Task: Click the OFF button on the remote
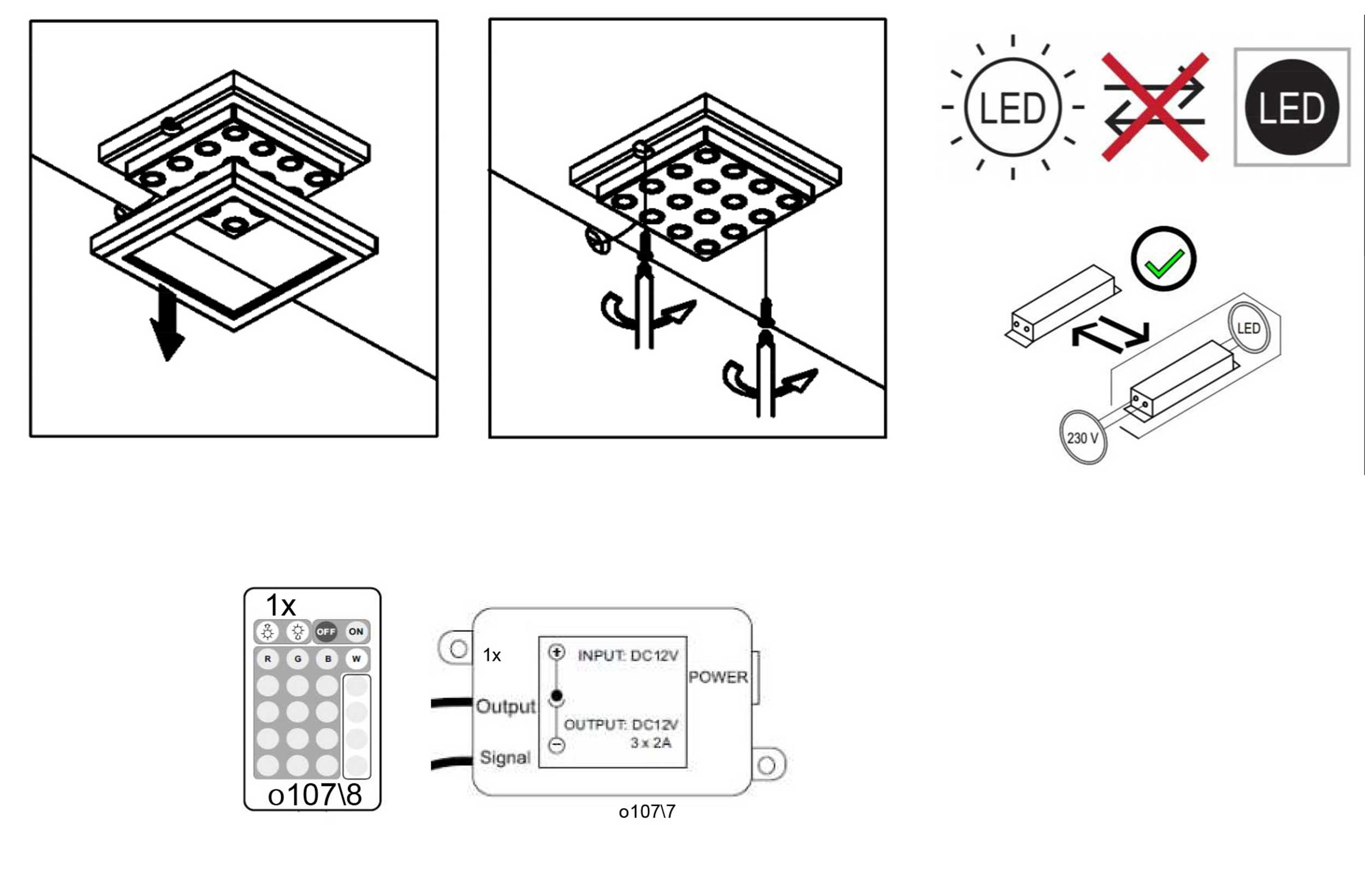click(x=325, y=632)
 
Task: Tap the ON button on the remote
click(x=355, y=632)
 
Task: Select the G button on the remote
click(x=298, y=659)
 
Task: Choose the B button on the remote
click(x=328, y=659)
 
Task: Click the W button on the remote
click(x=356, y=659)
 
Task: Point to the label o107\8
click(x=315, y=795)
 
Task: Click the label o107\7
click(x=647, y=812)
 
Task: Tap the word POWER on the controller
click(x=718, y=678)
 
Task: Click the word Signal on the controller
click(x=505, y=758)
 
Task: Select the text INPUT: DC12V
click(x=628, y=656)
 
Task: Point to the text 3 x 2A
click(x=650, y=744)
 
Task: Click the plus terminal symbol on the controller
click(x=556, y=652)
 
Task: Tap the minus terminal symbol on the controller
click(x=556, y=745)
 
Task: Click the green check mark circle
click(x=1163, y=259)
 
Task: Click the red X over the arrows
click(x=1156, y=107)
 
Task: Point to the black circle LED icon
click(x=1292, y=107)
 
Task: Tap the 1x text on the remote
click(x=281, y=605)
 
